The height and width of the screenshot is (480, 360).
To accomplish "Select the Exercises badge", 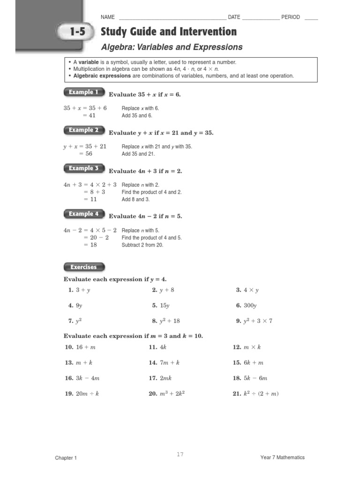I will (83, 267).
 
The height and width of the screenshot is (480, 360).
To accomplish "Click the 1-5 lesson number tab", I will (78, 32).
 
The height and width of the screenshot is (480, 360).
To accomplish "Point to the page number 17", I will (180, 454).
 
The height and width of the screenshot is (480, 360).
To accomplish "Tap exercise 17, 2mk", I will (160, 378).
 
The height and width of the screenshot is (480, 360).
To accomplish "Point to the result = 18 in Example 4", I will (90, 245).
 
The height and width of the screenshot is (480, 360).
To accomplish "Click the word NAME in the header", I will (108, 17).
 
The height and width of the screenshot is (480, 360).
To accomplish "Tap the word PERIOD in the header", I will (291, 17).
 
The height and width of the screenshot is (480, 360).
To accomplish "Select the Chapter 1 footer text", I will (66, 458).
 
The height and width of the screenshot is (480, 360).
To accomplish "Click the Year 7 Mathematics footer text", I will (282, 457).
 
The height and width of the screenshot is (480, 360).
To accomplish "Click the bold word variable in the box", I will (88, 62).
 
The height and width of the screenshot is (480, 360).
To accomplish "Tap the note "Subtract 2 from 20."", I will (142, 245).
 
